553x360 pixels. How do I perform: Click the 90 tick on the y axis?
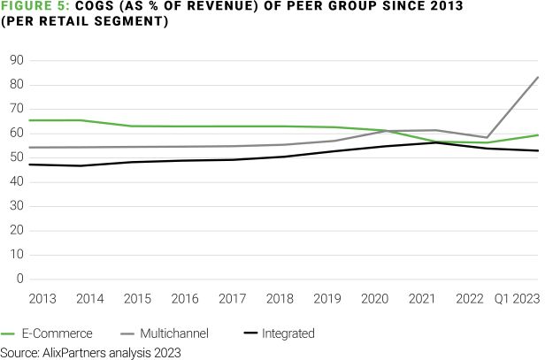pyautogui.click(x=17, y=60)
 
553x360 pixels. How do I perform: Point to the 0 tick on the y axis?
pyautogui.click(x=19, y=279)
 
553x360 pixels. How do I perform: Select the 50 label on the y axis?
pyautogui.click(x=17, y=157)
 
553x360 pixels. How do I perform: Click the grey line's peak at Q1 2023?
pyautogui.click(x=538, y=77)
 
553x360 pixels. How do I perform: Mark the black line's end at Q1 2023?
pyautogui.click(x=538, y=150)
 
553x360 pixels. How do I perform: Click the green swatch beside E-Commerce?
pyautogui.click(x=11, y=334)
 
